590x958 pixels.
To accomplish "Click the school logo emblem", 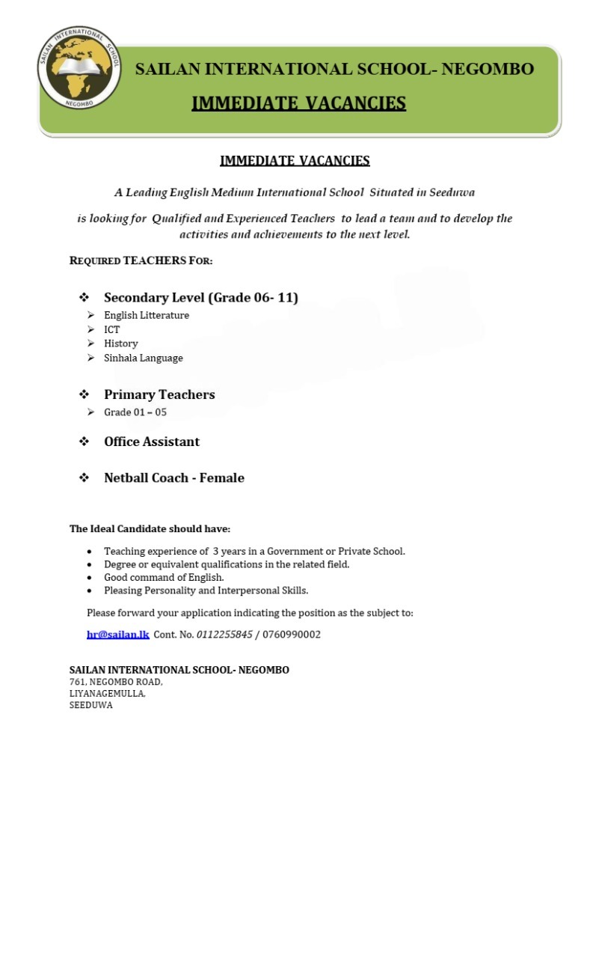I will coord(79,68).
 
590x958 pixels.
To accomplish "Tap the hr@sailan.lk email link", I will coord(117,635).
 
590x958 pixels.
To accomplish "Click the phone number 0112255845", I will coord(224,635).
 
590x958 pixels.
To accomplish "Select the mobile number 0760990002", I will coord(292,635).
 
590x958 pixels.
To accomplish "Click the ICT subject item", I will coord(111,329).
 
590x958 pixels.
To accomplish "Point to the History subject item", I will coord(120,344).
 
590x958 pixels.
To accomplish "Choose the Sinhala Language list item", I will coord(143,358).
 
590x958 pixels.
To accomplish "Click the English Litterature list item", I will coord(146,315).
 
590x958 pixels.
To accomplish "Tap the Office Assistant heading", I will coord(151,442).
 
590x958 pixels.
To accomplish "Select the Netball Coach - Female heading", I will coord(173,478).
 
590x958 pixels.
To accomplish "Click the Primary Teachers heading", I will coord(159,394).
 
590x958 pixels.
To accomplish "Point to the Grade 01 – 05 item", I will coord(135,412).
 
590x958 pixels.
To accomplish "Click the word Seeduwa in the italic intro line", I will coord(452,192).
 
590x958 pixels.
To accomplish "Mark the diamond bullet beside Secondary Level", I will coord(84,297).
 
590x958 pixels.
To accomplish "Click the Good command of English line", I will coord(164,577).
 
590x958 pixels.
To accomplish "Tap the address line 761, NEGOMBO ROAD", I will coord(116,682).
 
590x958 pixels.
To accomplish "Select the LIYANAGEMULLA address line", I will coord(107,694).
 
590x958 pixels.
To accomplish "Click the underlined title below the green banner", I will coord(295,160).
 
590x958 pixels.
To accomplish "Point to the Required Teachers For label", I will coord(141,260).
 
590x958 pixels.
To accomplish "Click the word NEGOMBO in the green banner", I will coord(488,70).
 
